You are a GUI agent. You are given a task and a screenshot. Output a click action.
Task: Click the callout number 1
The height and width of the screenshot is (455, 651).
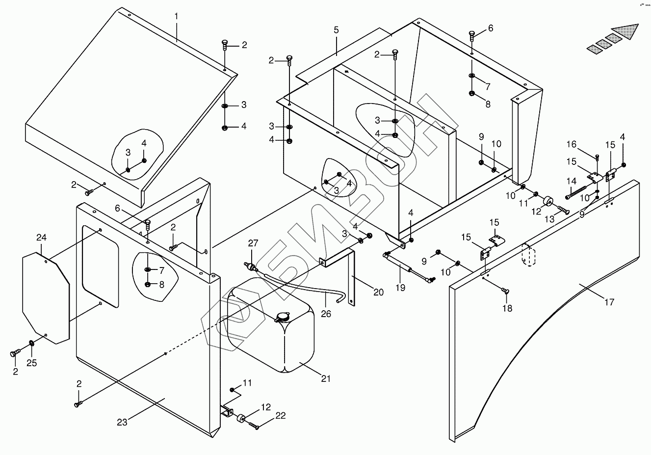click(176, 16)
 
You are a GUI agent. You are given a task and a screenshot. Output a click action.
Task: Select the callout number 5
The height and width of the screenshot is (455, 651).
click(336, 30)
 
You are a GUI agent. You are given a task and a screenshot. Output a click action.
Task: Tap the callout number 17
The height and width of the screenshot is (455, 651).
click(609, 302)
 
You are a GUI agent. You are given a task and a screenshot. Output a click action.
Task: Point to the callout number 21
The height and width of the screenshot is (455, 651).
click(326, 378)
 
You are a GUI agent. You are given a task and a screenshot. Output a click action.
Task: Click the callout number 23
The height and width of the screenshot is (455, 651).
click(122, 422)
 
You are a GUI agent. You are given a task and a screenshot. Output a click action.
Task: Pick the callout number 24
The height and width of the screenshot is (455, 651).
click(41, 238)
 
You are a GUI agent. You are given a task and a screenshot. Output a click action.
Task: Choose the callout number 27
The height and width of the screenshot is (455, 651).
click(253, 243)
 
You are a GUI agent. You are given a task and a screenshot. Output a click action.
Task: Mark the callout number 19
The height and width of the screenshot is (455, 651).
click(401, 288)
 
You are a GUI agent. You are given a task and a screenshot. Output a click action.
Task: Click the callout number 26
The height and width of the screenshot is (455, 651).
click(326, 313)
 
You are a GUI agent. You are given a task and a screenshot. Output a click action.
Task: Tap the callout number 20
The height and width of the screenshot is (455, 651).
click(378, 292)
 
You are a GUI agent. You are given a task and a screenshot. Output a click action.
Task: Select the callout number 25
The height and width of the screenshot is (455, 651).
click(32, 363)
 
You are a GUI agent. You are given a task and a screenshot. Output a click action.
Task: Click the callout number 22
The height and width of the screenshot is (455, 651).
click(280, 416)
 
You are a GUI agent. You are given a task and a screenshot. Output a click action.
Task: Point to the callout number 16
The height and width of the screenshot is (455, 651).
click(572, 144)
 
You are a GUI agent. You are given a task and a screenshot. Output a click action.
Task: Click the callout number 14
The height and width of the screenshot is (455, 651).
click(572, 181)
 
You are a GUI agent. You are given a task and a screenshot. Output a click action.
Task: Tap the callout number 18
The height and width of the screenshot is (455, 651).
click(507, 308)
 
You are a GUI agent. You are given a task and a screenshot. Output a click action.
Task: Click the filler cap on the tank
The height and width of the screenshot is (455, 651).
click(283, 318)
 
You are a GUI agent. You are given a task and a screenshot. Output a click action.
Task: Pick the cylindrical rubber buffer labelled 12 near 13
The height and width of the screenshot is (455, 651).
click(547, 202)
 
